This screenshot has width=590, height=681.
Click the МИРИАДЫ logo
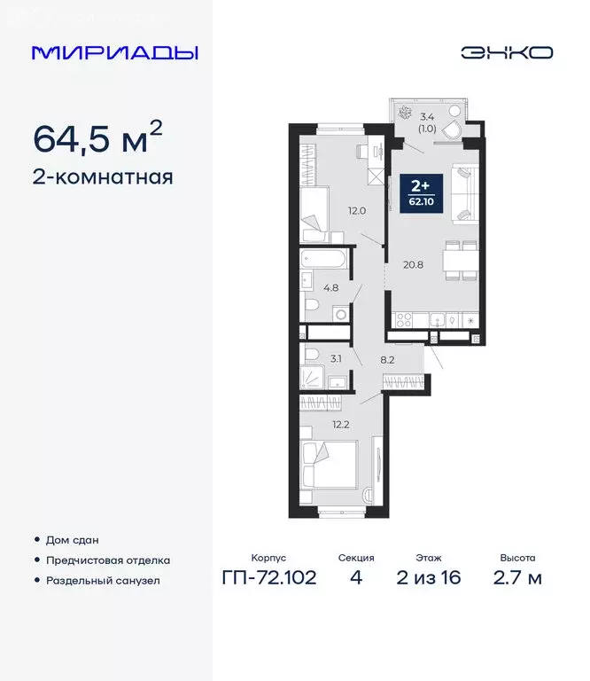tap(114, 52)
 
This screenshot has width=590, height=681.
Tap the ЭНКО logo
tap(506, 52)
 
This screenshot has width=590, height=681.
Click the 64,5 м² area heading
tap(97, 137)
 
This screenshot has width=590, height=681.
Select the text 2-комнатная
tap(103, 176)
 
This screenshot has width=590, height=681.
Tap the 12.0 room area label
tap(356, 211)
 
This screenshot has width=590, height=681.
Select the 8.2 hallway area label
tap(387, 362)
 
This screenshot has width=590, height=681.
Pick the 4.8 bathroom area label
tap(331, 287)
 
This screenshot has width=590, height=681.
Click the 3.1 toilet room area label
tap(335, 358)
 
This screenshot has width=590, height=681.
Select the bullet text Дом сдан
tap(73, 540)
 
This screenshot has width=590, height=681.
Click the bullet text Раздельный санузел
tap(104, 581)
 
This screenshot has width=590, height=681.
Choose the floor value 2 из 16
tap(431, 578)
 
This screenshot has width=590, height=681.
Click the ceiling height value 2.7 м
tap(518, 578)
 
